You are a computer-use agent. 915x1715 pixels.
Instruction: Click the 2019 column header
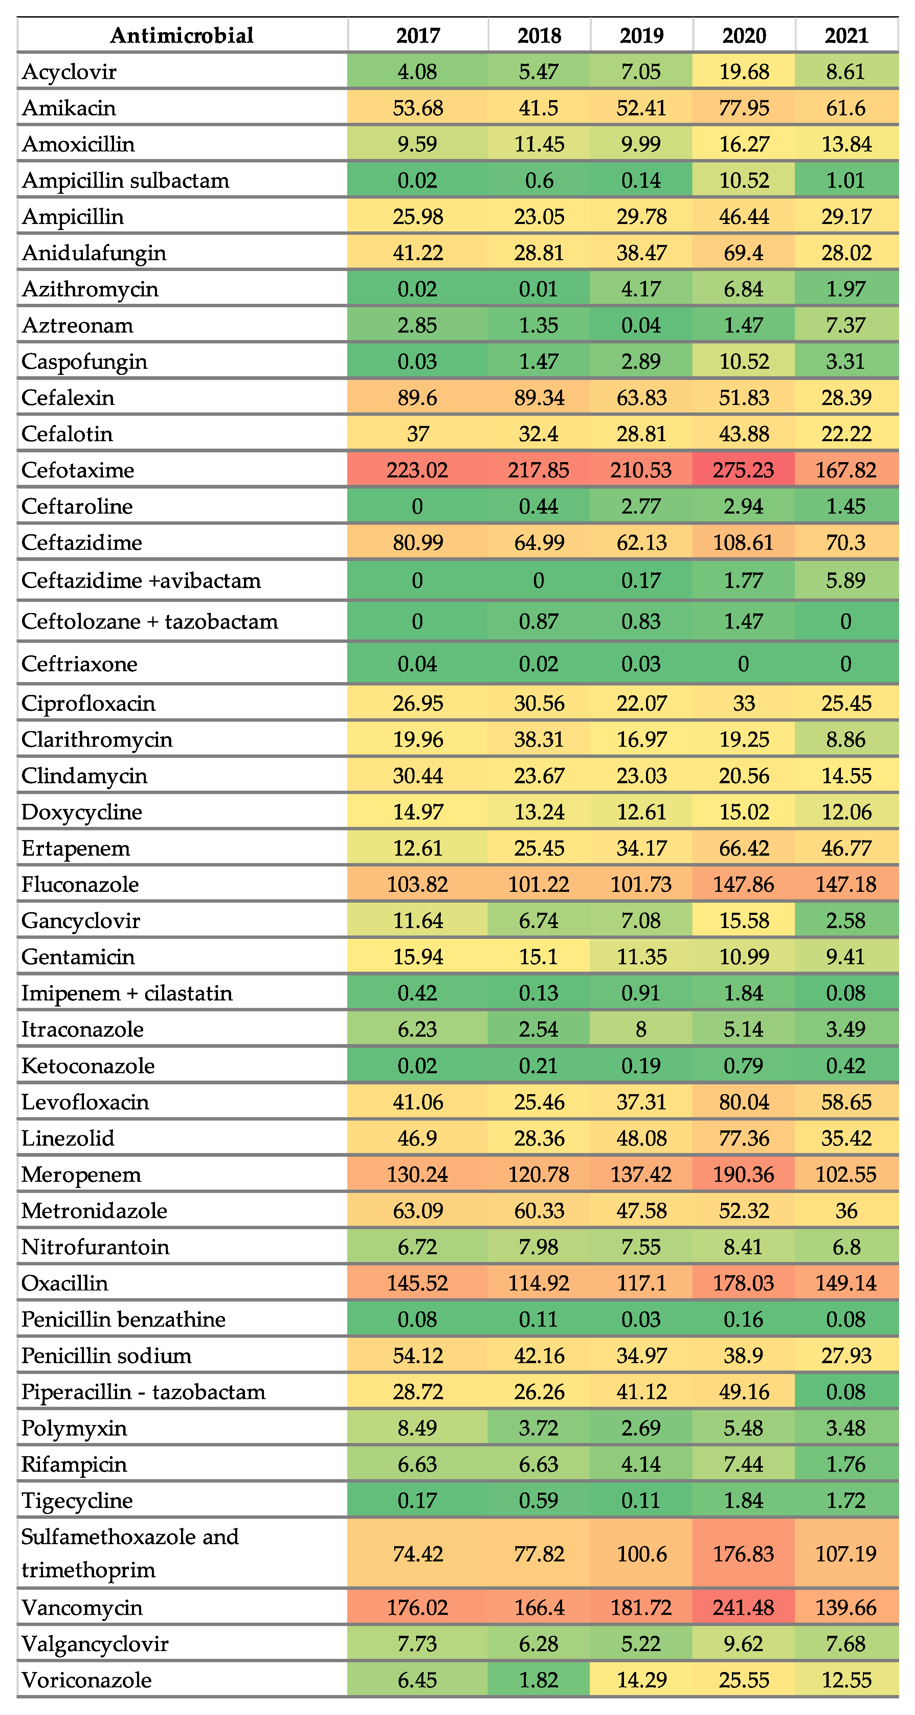tap(641, 35)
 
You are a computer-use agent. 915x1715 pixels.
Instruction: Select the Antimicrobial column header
tap(182, 35)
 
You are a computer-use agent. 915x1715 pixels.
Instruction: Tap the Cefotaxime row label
tap(78, 470)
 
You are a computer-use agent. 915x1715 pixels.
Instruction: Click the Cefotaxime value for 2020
tap(744, 470)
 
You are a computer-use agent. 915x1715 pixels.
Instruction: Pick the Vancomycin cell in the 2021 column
tap(846, 1607)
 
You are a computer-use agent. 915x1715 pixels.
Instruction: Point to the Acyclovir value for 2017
tap(418, 71)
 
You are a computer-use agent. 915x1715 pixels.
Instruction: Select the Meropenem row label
tap(81, 1174)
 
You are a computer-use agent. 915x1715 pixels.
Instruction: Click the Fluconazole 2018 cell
tap(539, 884)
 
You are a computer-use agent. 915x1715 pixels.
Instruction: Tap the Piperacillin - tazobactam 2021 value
tap(846, 1392)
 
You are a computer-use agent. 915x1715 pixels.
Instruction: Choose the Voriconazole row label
tap(87, 1680)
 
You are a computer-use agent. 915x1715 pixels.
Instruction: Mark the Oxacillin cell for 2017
tap(418, 1283)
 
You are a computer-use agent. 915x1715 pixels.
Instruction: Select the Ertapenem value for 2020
tap(744, 848)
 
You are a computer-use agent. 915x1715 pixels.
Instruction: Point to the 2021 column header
tap(846, 35)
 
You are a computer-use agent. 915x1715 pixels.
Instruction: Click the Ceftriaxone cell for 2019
tap(641, 664)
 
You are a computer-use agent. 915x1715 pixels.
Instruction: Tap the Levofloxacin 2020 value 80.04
tap(744, 1102)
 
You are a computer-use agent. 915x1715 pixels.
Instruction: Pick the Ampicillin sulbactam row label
tap(125, 180)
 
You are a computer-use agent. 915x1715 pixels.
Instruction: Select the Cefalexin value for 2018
tap(539, 398)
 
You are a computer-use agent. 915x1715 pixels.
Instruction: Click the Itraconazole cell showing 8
tap(641, 1029)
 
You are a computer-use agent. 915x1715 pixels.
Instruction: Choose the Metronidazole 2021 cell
tap(846, 1210)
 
